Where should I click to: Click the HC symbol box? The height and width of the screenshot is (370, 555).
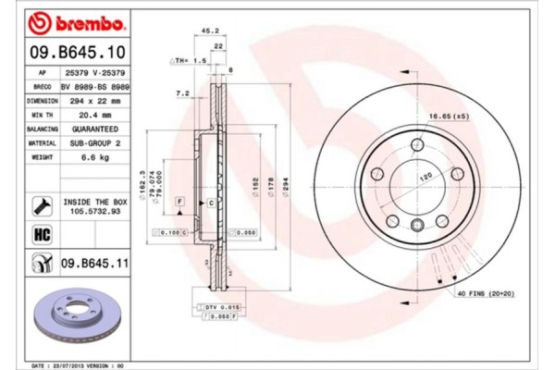42,233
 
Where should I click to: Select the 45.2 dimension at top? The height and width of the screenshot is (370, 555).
209,31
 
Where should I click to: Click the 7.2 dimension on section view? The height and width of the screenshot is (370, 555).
183,93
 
